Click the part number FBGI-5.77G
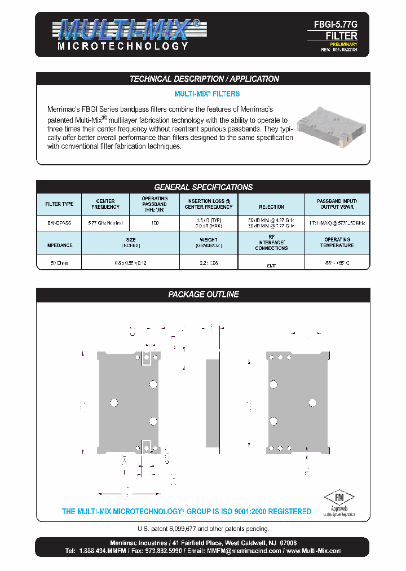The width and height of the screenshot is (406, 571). tap(336, 25)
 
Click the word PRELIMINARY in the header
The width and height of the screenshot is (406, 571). tap(343, 43)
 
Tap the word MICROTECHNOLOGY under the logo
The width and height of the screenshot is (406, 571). tap(123, 46)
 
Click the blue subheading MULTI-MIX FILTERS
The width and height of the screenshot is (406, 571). tap(206, 94)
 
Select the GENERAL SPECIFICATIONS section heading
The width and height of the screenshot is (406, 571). tap(203, 187)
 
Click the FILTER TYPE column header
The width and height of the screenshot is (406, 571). tap(59, 204)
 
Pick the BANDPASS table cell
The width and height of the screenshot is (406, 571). tap(59, 223)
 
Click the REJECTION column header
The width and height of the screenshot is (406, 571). tap(271, 207)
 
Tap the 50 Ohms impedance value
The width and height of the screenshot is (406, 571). tap(59, 263)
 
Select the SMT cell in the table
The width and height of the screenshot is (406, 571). tap(271, 265)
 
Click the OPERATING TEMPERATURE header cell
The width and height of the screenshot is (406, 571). tap(337, 243)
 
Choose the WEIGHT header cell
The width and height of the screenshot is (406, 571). tap(209, 243)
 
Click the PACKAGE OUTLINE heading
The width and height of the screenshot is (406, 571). tap(203, 295)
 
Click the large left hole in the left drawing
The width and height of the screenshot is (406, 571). tap(114, 402)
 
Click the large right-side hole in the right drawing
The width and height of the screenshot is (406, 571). tap(312, 402)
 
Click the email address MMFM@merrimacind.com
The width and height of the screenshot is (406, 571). tap(244, 550)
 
